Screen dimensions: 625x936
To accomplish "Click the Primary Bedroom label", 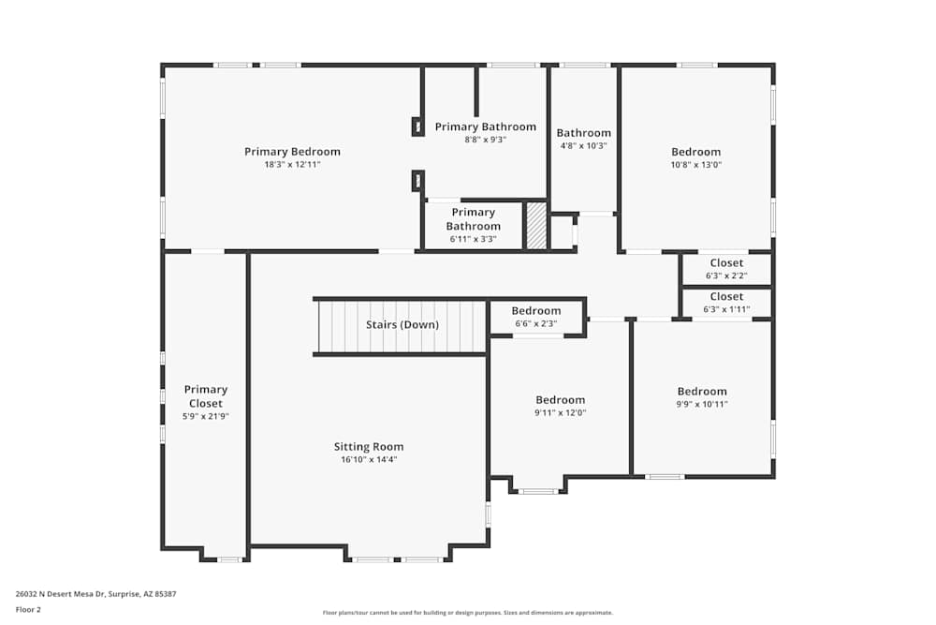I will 292,152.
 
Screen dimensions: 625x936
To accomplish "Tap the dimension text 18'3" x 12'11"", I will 292,165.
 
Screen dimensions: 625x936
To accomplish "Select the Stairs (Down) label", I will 402,325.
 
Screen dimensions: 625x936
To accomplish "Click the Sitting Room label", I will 369,447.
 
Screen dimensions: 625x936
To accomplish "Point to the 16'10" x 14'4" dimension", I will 369,460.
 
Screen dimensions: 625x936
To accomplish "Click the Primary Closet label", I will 205,396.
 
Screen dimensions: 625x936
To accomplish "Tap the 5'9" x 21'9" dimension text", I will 205,416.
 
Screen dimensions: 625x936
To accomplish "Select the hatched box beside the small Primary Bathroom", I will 536,226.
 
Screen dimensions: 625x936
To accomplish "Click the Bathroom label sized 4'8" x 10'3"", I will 583,133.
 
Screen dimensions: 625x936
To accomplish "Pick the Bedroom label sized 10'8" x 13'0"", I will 695,152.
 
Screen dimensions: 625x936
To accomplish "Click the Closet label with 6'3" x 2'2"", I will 726,263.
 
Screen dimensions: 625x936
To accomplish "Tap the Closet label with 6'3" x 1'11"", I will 726,297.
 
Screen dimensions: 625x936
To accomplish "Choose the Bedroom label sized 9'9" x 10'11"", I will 702,392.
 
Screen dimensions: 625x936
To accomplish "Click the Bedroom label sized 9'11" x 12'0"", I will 560,400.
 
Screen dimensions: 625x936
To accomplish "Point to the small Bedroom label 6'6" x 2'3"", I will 535,311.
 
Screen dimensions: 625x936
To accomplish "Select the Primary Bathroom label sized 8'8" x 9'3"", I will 485,127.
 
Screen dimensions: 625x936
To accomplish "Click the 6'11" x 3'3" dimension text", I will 473,239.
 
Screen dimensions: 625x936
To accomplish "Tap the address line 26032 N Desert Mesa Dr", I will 96,594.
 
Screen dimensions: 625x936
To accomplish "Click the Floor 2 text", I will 28,609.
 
